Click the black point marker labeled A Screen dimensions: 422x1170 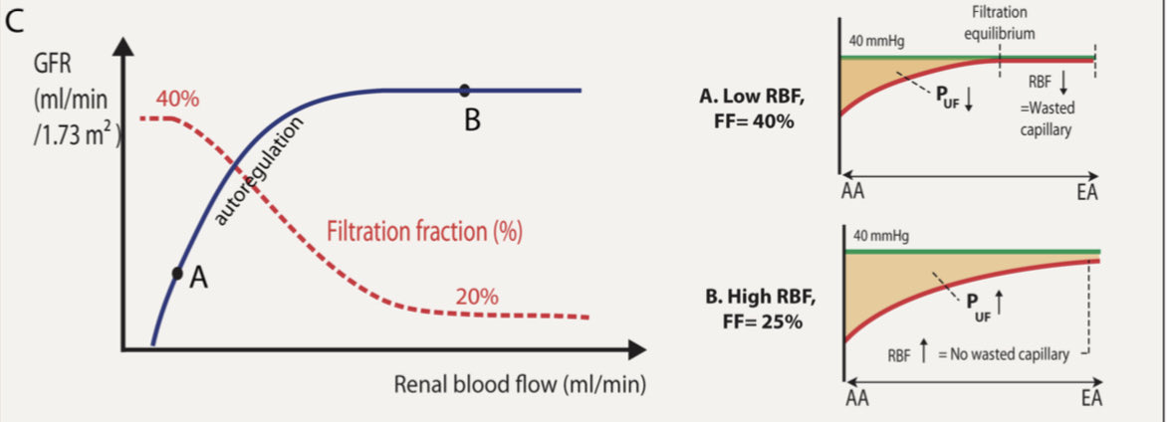(x=177, y=272)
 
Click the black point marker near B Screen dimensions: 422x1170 (x=465, y=90)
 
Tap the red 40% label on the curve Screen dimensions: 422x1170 (x=177, y=100)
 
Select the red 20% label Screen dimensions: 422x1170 (x=477, y=296)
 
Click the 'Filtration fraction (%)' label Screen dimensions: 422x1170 (x=424, y=233)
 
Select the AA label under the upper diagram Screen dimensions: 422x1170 (x=852, y=192)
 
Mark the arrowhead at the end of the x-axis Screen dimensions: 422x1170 (x=637, y=349)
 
